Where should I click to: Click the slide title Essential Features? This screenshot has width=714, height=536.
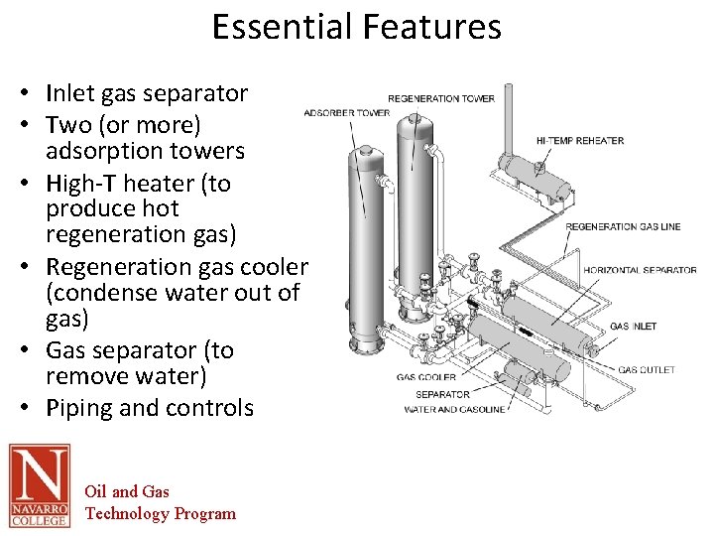357,27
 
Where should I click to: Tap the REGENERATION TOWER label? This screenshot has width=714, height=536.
440,98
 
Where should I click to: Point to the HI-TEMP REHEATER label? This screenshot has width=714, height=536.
580,140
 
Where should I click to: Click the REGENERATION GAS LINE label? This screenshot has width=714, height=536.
623,226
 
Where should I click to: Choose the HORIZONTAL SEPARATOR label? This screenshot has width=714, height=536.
640,270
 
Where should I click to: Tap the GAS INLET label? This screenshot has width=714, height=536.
633,327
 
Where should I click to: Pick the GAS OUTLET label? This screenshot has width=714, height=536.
647,370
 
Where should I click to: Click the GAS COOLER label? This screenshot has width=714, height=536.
426,377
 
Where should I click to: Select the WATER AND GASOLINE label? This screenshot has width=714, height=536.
454,410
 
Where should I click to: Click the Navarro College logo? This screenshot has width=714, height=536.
40,485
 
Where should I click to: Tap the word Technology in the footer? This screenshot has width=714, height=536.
127,513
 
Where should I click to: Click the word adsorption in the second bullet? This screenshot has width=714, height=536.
109,151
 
